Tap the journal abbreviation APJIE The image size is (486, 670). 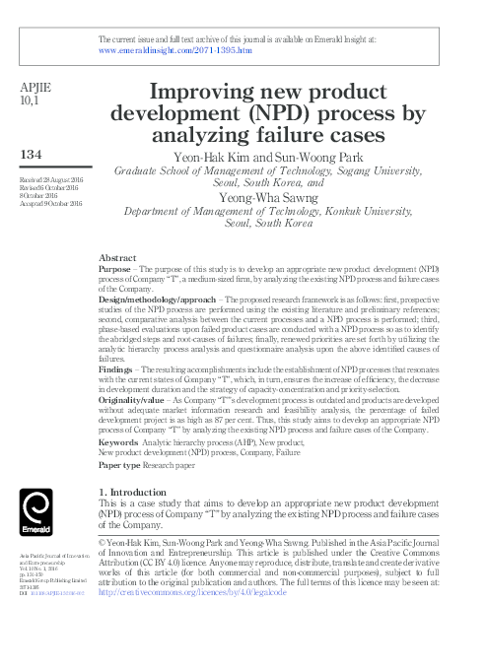coord(35,87)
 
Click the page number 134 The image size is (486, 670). coord(34,156)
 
